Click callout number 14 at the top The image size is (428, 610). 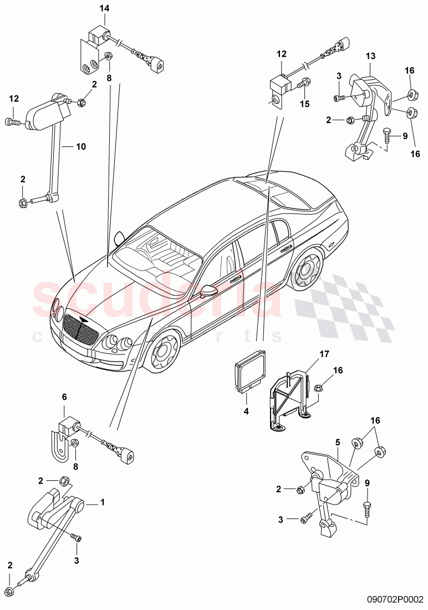pyautogui.click(x=105, y=8)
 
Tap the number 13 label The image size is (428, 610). pyautogui.click(x=370, y=56)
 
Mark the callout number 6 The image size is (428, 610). pyautogui.click(x=64, y=397)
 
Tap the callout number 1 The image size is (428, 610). pyautogui.click(x=102, y=502)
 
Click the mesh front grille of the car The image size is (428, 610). pyautogui.click(x=80, y=329)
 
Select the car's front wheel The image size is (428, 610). pyautogui.click(x=164, y=353)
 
